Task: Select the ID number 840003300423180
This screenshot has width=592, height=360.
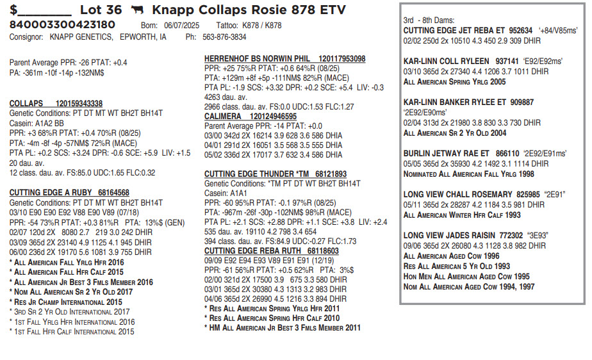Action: (x=62, y=25)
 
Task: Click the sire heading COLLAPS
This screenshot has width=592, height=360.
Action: (x=26, y=103)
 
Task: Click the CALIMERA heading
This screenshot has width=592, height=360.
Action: (x=223, y=117)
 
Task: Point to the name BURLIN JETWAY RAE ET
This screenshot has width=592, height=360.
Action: (x=446, y=154)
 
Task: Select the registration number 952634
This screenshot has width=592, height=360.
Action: (x=521, y=30)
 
